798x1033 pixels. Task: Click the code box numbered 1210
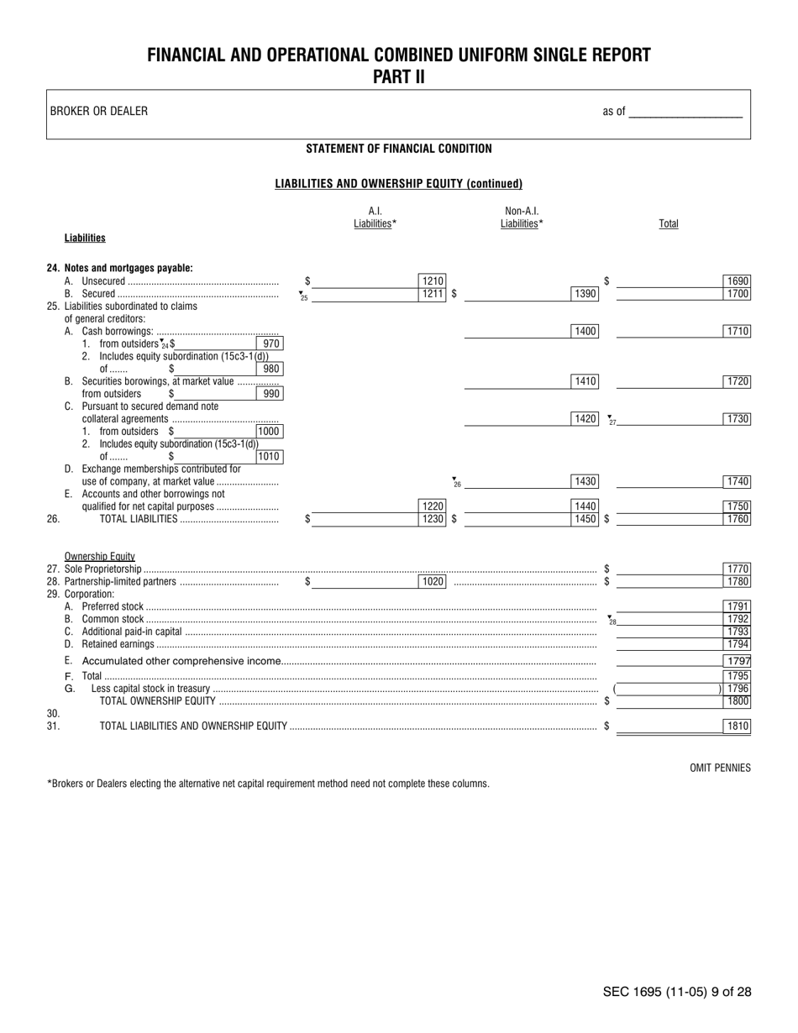432,281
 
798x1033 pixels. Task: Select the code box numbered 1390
585,294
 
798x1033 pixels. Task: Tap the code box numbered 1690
737,281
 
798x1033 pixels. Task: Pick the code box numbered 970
270,343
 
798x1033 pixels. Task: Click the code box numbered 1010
270,457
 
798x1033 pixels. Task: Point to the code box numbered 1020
432,581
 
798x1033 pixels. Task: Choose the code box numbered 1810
737,726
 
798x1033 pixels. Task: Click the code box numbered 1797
737,661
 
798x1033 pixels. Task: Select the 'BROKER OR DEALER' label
99,111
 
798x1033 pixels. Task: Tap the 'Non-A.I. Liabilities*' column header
522,218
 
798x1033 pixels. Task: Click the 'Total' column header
669,223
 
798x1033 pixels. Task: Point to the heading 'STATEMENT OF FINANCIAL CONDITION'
399,149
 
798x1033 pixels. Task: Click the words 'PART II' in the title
399,77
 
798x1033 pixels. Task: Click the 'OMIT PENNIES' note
720,768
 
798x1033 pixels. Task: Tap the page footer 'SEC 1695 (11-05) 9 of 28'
677,992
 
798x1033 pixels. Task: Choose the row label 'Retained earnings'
118,644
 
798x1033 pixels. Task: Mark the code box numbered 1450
585,519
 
